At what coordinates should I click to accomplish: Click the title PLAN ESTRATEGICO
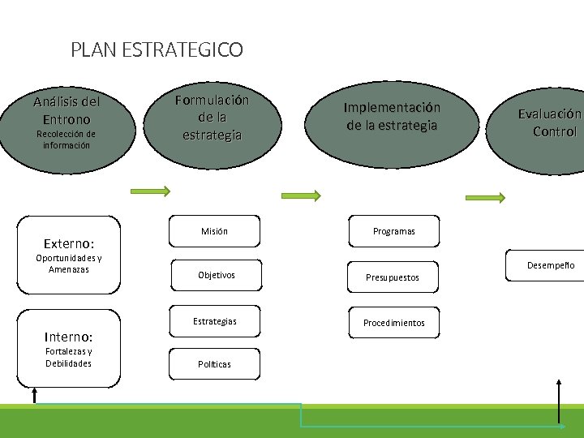tap(157, 50)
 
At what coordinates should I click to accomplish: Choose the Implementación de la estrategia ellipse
tap(392, 117)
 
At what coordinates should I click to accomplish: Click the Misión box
tap(214, 232)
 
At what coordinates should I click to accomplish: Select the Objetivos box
tap(216, 276)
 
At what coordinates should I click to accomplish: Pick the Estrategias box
tap(215, 322)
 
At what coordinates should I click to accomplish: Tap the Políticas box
tap(214, 364)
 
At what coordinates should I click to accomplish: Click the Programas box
tap(393, 232)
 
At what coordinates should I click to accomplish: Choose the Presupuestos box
tap(393, 277)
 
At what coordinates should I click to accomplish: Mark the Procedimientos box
tap(393, 323)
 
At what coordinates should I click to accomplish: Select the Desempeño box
tap(549, 266)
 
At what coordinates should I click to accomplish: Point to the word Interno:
tap(68, 336)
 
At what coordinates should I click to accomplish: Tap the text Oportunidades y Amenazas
tap(68, 264)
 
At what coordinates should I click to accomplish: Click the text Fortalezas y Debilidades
tap(68, 357)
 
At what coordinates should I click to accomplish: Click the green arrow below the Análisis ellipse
tap(150, 191)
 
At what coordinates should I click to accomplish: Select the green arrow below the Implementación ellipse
tap(486, 196)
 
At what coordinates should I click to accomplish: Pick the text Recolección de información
tap(67, 140)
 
